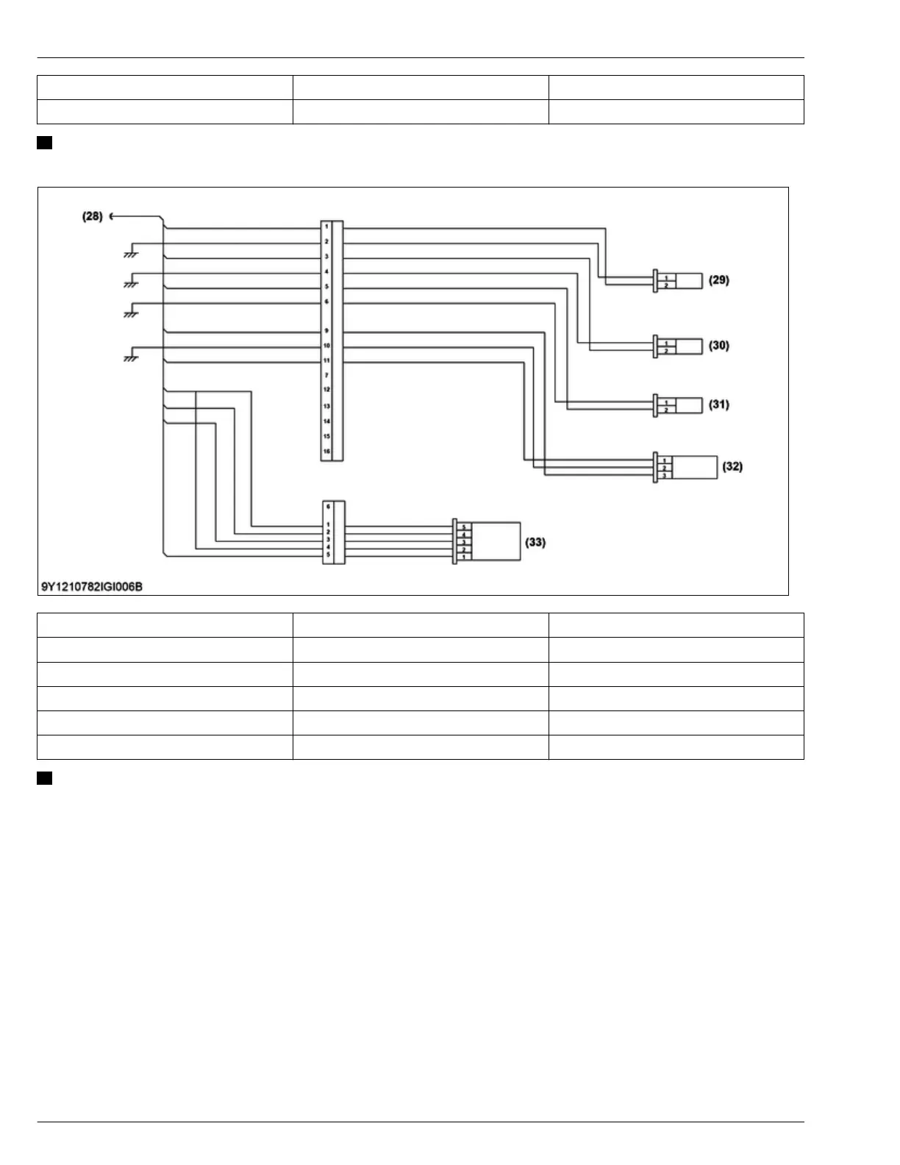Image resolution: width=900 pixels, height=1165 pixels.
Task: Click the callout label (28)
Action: point(92,216)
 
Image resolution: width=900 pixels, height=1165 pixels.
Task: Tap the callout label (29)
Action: point(718,280)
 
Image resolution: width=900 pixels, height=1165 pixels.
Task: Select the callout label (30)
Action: point(718,345)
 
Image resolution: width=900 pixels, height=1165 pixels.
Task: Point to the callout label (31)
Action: point(718,405)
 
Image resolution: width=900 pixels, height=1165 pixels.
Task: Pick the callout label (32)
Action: point(732,466)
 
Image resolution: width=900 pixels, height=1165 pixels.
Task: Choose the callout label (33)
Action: point(535,542)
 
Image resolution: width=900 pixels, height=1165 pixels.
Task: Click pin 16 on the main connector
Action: point(326,452)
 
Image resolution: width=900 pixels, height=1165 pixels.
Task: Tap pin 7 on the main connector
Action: point(326,375)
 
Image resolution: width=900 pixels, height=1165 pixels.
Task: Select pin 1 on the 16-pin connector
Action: point(326,227)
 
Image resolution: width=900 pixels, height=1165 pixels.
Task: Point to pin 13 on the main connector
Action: point(326,406)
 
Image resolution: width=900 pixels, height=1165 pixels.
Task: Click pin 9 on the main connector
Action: point(326,331)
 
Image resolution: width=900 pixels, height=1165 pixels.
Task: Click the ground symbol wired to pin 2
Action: point(132,254)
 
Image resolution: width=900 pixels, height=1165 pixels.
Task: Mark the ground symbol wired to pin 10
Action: point(132,358)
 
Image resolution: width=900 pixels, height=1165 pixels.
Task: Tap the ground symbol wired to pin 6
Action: point(132,313)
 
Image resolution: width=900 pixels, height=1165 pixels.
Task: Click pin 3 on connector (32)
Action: point(665,475)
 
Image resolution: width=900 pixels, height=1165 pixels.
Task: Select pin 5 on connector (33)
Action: point(464,527)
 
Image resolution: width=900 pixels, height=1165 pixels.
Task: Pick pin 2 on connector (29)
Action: point(666,285)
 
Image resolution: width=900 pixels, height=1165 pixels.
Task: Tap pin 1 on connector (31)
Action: point(666,402)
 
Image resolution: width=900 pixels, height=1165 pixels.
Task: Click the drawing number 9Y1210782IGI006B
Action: point(91,586)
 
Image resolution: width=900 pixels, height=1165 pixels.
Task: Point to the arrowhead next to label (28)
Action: point(111,216)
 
